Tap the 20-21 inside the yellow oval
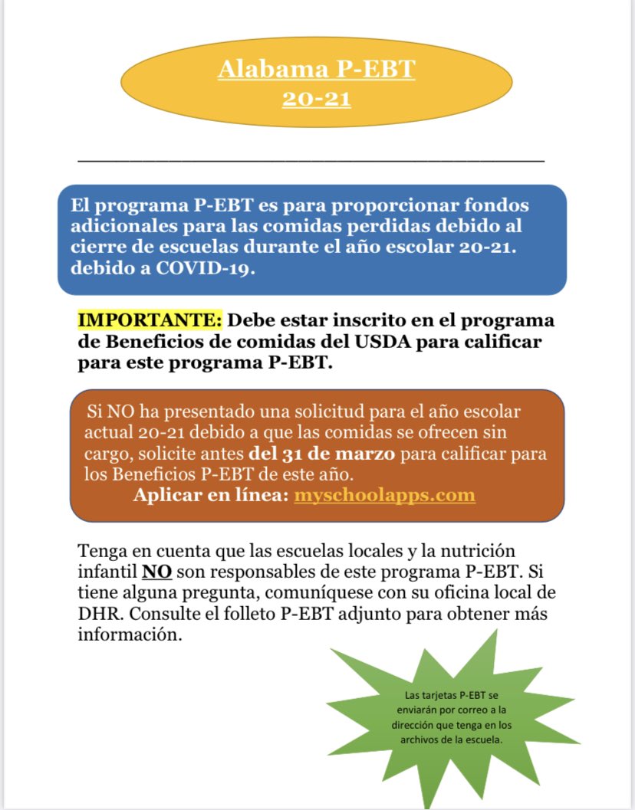pyautogui.click(x=316, y=99)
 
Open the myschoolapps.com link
pyautogui.click(x=384, y=495)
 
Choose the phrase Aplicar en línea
pyautogui.click(x=211, y=495)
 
